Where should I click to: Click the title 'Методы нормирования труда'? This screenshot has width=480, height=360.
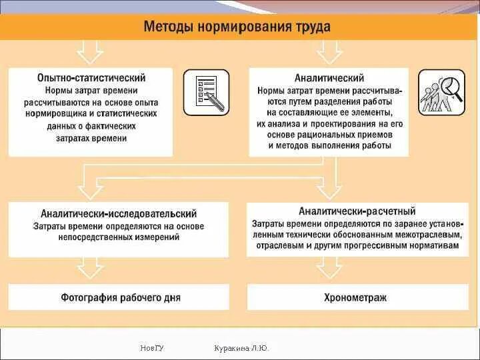[x=237, y=27]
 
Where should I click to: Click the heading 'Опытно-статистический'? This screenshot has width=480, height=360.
[x=91, y=78]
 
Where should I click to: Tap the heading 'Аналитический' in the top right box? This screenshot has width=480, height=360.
[x=329, y=78]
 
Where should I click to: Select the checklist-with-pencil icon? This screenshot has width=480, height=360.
[x=207, y=93]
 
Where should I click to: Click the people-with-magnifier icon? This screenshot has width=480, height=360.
[x=441, y=93]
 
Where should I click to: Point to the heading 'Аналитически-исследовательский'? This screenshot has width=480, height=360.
[x=119, y=214]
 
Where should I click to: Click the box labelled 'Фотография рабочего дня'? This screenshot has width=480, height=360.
[x=120, y=297]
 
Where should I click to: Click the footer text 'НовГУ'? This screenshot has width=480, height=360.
[x=153, y=348]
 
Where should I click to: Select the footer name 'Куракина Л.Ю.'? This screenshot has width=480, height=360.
[x=241, y=348]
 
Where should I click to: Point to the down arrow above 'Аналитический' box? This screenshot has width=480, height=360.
[x=329, y=51]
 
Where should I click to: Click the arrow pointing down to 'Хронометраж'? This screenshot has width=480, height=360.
[x=329, y=267]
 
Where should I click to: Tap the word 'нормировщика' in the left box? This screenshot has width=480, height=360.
[x=75, y=114]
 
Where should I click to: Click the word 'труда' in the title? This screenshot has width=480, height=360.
[x=311, y=27]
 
